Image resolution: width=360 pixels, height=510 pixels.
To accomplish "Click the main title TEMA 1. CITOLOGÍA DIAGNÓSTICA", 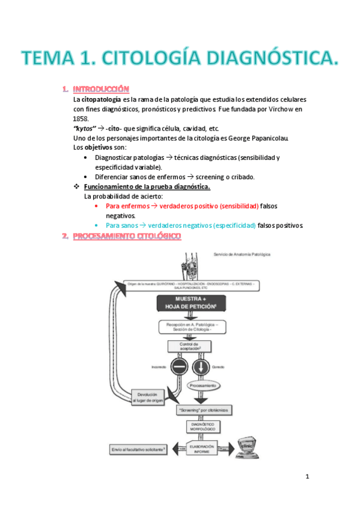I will coord(180,60).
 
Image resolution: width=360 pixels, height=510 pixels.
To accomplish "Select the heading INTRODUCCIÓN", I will coord(104,89).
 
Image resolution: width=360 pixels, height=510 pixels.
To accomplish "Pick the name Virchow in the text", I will coord(285,109).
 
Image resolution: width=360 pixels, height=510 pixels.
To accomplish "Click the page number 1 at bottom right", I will coord(307,478).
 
